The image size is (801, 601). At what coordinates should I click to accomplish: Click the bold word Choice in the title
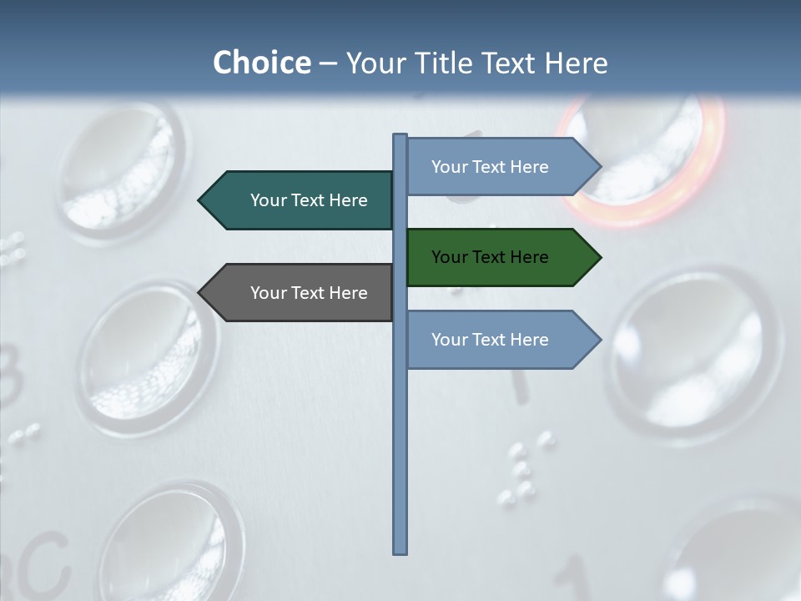coord(261,63)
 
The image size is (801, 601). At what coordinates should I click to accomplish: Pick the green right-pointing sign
coord(492,257)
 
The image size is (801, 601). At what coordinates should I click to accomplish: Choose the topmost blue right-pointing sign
coord(492,167)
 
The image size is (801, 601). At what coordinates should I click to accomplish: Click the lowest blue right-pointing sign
coord(492,340)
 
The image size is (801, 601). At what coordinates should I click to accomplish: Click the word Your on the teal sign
coord(269,200)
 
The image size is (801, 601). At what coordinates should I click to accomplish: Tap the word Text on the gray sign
coord(308,293)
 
